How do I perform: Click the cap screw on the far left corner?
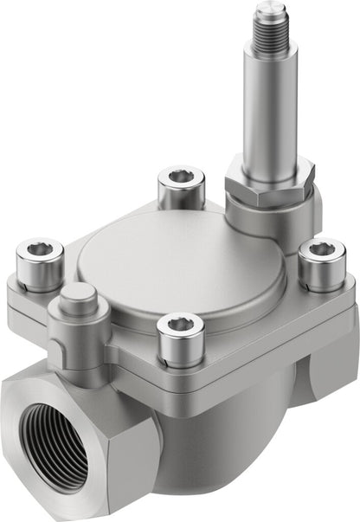[40, 264]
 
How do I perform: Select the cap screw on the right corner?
[321, 264]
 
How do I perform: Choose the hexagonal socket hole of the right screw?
[322, 249]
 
